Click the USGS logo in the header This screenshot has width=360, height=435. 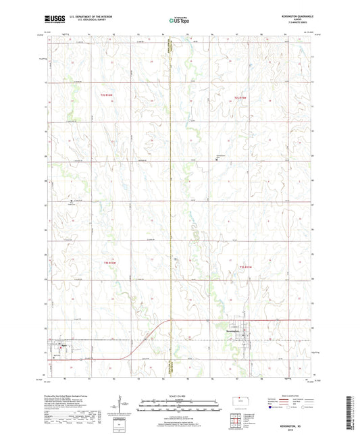(x=51, y=20)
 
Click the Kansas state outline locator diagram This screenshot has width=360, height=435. (x=242, y=401)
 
